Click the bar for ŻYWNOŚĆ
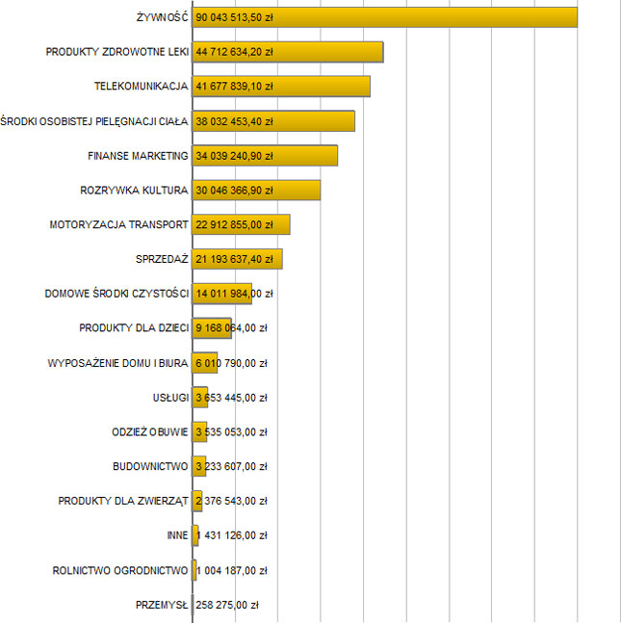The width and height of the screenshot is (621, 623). click(433, 17)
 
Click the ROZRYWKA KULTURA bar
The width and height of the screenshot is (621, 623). click(298, 191)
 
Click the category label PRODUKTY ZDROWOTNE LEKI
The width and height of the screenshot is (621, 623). click(116, 52)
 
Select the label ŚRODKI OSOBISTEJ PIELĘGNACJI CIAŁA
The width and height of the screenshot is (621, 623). click(94, 121)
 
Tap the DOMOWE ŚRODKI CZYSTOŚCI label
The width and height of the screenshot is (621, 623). click(116, 294)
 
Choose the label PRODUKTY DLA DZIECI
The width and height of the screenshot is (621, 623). click(133, 328)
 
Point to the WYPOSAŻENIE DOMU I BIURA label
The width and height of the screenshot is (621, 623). click(117, 363)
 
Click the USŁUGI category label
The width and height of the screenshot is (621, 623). click(169, 398)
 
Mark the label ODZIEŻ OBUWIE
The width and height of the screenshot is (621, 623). click(149, 432)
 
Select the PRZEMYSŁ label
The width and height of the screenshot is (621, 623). click(162, 605)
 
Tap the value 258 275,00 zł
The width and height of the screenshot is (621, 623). click(227, 605)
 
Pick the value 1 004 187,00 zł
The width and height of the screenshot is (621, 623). click(231, 570)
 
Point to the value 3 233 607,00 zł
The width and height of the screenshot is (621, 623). click(231, 467)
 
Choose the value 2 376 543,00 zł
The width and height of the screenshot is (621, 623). click(231, 501)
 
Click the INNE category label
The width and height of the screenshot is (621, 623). click(176, 535)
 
